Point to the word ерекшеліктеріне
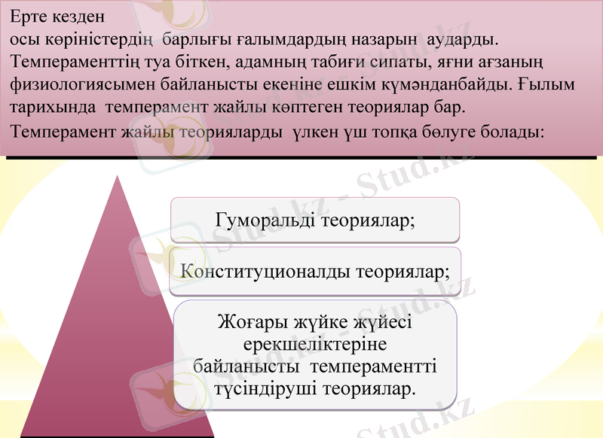tap(315, 345)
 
